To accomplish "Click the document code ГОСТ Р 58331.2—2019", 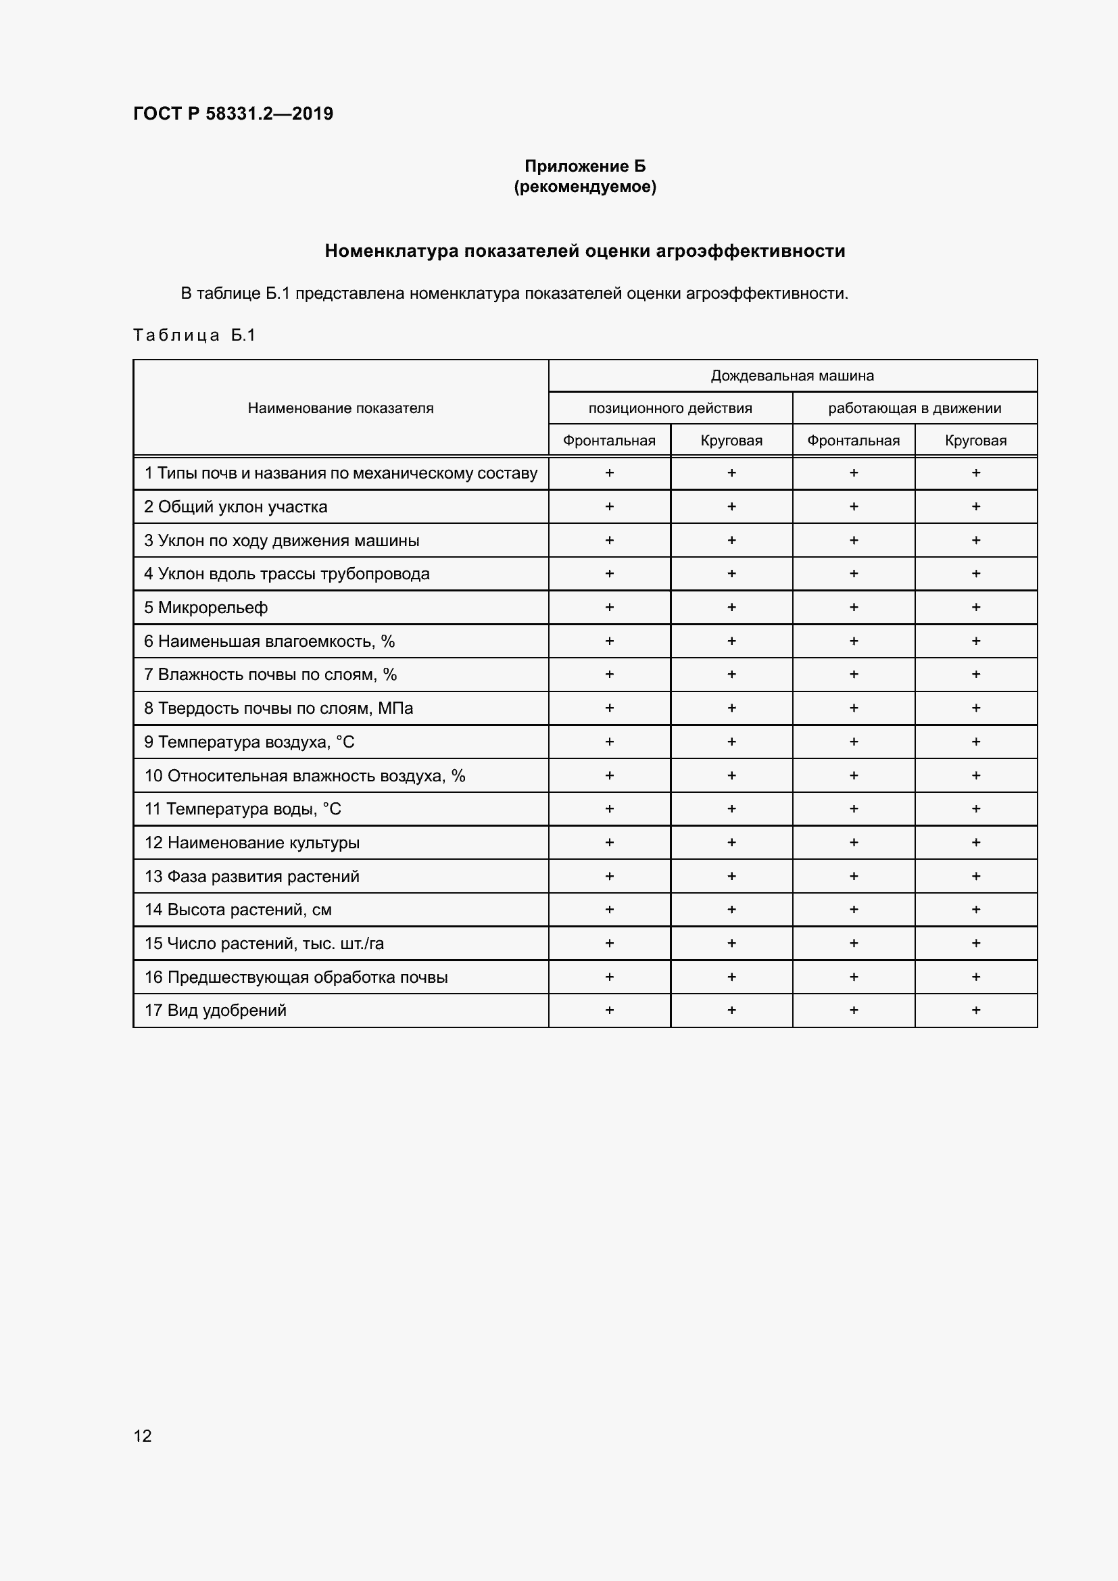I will tap(233, 114).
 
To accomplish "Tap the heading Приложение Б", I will tap(585, 166).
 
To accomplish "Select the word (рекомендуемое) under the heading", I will tap(585, 187).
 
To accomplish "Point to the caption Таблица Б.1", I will tap(194, 335).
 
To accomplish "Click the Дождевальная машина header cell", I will tap(792, 376).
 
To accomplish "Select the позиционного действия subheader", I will tap(670, 408).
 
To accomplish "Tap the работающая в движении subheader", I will tap(915, 408).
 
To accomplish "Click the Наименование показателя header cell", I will tap(340, 408).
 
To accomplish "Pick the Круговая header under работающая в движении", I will tap(975, 441).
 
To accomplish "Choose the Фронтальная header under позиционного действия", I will tap(608, 441).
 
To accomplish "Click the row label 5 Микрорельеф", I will tap(205, 608).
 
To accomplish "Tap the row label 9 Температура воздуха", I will tap(249, 741).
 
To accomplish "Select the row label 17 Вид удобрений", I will tap(215, 1010).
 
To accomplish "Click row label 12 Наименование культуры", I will tap(251, 843).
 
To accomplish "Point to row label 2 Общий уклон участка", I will tap(235, 507).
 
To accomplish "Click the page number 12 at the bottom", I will tap(143, 1436).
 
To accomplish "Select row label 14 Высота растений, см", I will tap(237, 910).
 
